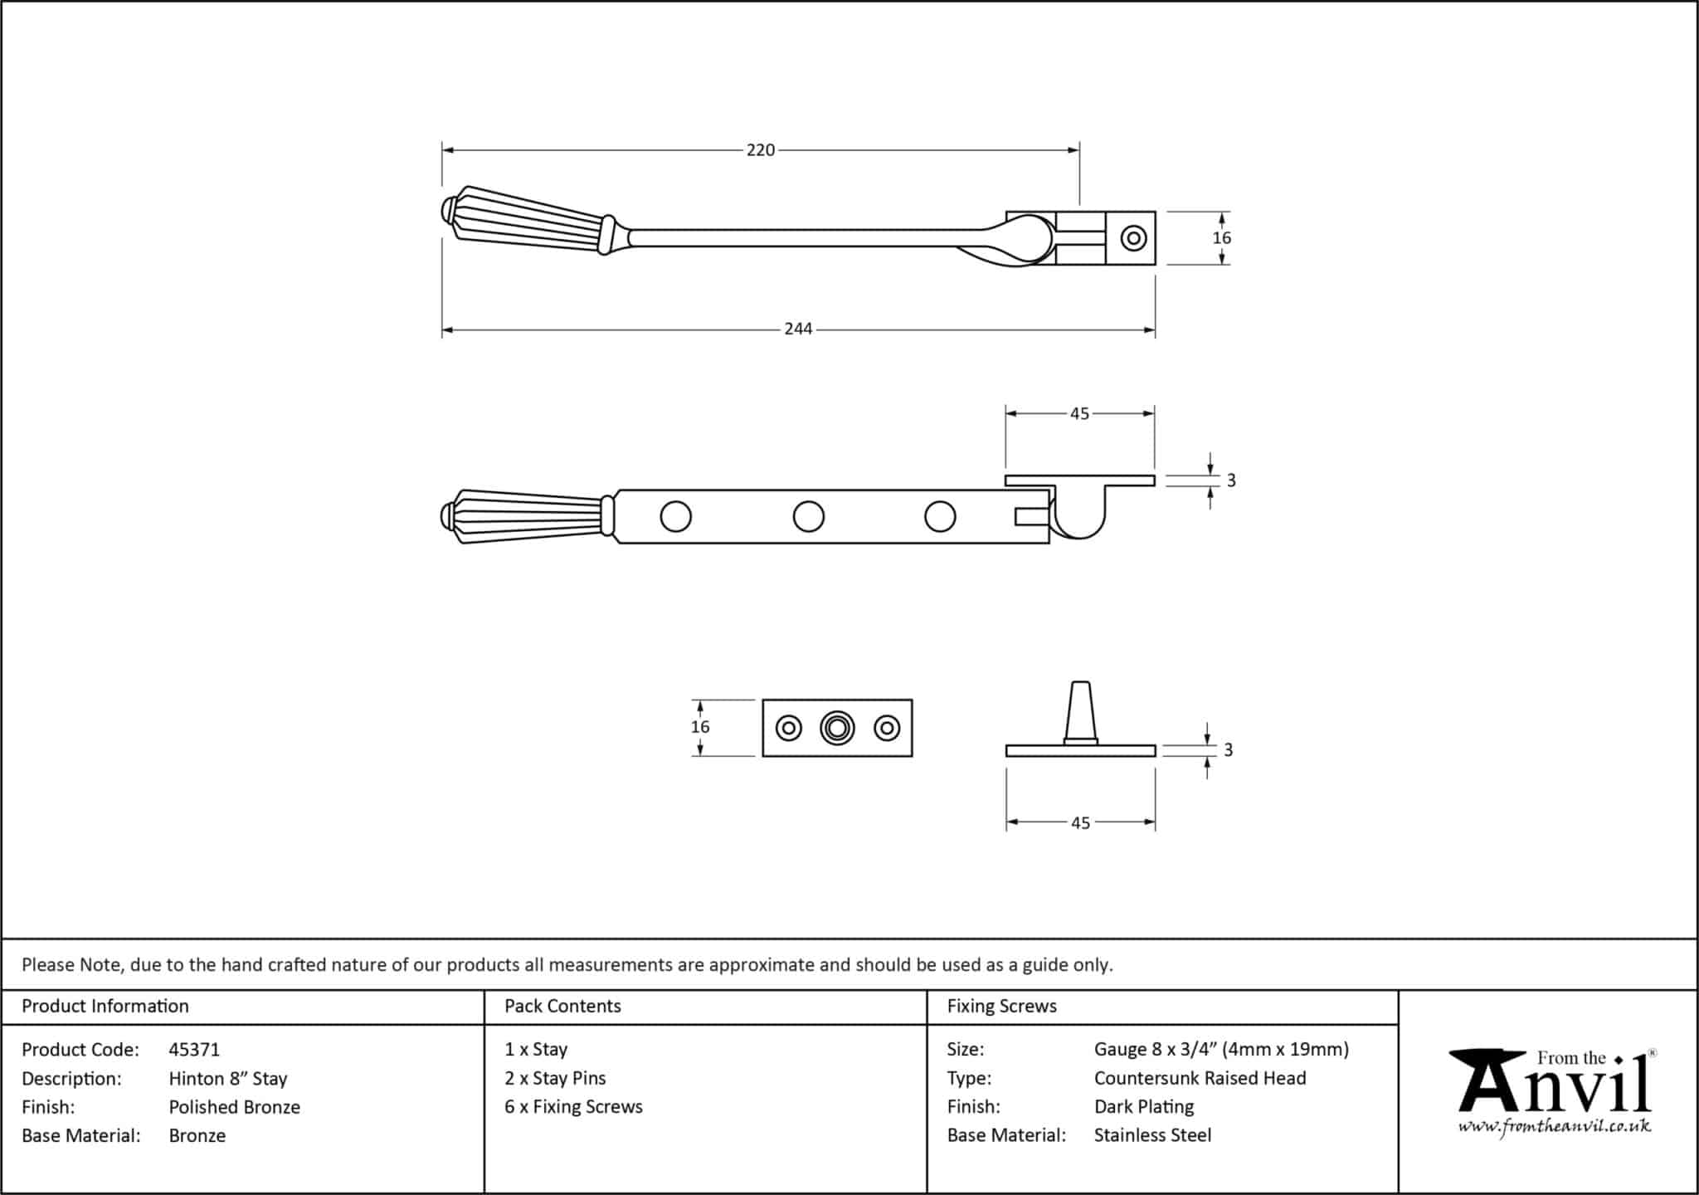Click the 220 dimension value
760,150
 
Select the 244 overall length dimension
798,329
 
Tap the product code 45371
194,1050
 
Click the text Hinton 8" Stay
228,1079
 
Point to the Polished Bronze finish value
235,1107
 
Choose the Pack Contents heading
562,1006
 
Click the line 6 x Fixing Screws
573,1107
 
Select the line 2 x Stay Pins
555,1079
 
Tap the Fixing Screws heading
1001,1006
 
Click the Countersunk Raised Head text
1200,1079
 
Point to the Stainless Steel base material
1152,1135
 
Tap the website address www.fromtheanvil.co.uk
1555,1127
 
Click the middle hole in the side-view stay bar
808,516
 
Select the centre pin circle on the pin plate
837,729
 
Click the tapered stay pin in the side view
1080,710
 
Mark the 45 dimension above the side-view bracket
1079,413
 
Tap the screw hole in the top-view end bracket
1133,238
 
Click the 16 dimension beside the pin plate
700,727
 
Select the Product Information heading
105,1006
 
